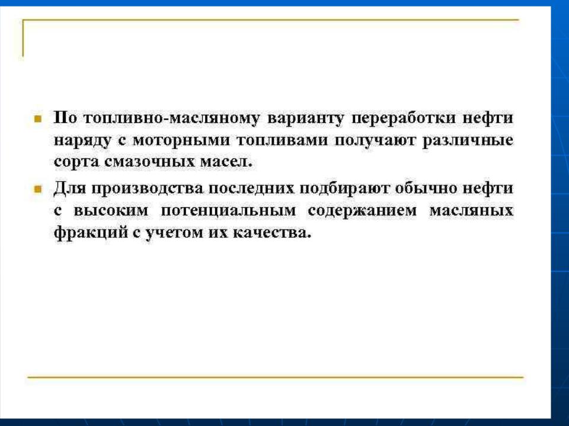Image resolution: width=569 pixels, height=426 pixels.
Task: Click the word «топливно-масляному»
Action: click(171, 118)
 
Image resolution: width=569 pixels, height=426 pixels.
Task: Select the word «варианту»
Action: click(306, 119)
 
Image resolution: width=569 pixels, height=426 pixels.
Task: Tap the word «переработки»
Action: click(403, 118)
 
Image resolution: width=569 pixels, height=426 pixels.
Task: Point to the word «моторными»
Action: click(181, 141)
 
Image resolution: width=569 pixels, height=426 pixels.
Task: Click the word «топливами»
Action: click(282, 140)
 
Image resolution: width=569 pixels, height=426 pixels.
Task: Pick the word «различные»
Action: click(468, 141)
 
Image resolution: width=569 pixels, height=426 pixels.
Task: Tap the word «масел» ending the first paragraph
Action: click(226, 162)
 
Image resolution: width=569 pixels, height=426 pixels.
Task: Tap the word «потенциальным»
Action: click(228, 211)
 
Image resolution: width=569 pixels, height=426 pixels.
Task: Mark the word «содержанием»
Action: click(362, 211)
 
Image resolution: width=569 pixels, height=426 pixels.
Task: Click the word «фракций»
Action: click(89, 233)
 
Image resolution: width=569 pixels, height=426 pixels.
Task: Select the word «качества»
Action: click(271, 233)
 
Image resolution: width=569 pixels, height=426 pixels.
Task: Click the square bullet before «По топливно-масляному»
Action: click(38, 118)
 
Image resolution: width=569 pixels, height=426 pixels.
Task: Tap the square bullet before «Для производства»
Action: click(38, 189)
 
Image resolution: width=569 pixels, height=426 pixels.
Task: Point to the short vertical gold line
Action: click(23, 38)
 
